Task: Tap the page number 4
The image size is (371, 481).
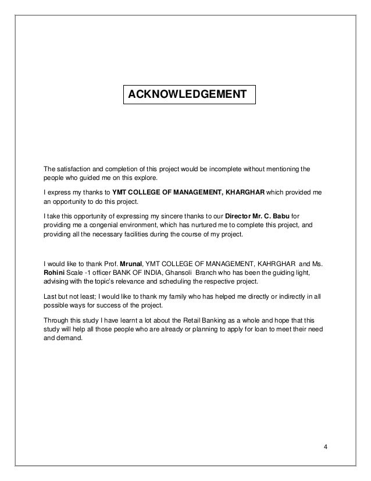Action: click(x=326, y=447)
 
